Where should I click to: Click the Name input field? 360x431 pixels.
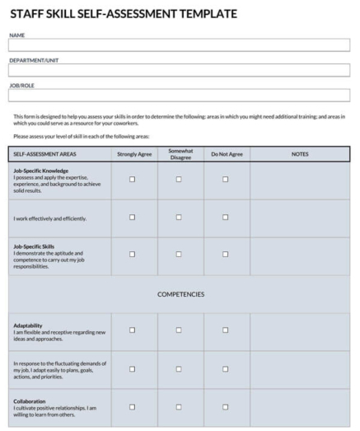pyautogui.click(x=179, y=45)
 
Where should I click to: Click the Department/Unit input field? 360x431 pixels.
pyautogui.click(x=179, y=70)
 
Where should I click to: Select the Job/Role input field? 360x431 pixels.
pyautogui.click(x=179, y=95)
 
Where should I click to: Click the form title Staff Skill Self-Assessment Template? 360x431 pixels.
pyautogui.click(x=123, y=14)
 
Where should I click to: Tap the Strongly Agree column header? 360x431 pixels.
pyautogui.click(x=133, y=154)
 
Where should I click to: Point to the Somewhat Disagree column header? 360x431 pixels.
pyautogui.click(x=180, y=154)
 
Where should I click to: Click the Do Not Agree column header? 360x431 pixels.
pyautogui.click(x=227, y=154)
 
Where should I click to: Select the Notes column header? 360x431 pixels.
pyautogui.click(x=300, y=154)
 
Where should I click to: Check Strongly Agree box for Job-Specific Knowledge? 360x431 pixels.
pyautogui.click(x=133, y=180)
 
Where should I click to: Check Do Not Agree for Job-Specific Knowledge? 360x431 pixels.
pyautogui.click(x=226, y=180)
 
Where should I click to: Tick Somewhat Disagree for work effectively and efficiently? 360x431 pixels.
pyautogui.click(x=179, y=218)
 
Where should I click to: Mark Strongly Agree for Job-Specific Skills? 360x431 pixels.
pyautogui.click(x=133, y=255)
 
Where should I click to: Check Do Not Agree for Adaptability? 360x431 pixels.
pyautogui.click(x=226, y=330)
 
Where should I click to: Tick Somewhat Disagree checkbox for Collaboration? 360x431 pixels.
pyautogui.click(x=179, y=405)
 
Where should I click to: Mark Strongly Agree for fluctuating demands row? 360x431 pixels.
pyautogui.click(x=133, y=368)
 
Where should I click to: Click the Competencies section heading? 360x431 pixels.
pyautogui.click(x=180, y=294)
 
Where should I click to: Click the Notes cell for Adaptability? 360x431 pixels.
pyautogui.click(x=300, y=330)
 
